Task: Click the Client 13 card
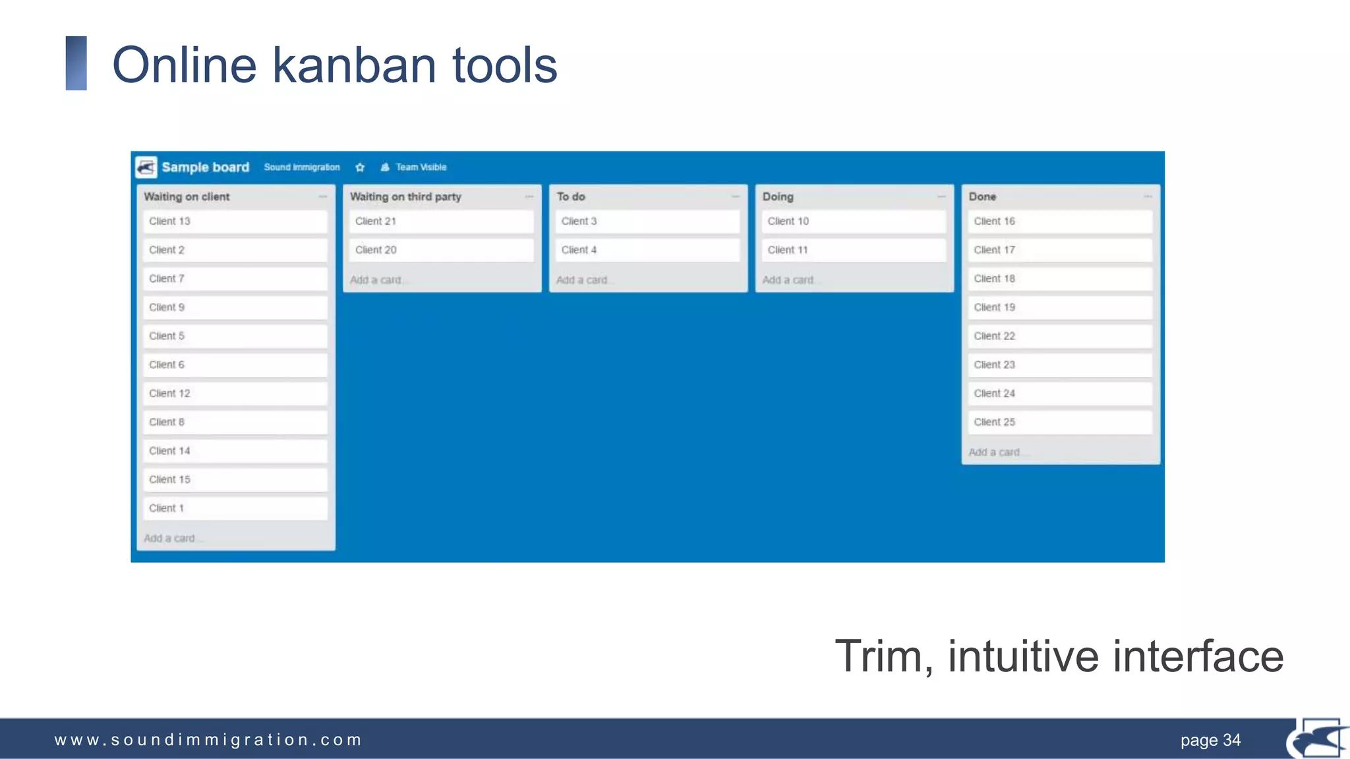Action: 235,221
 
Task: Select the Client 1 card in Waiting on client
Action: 235,508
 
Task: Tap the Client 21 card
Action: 440,221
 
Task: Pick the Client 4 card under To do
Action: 647,250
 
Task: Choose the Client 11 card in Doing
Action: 853,250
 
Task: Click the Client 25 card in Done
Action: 1059,422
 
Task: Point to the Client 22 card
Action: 1059,336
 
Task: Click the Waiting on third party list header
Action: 405,196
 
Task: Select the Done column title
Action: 982,196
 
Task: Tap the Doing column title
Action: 778,196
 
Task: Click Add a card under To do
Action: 582,280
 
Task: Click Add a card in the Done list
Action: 995,452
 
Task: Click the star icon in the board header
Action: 360,167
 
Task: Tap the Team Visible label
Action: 421,167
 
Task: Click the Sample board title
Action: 205,167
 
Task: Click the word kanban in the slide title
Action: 355,65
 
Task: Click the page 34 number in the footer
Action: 1210,740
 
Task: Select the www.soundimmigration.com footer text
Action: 208,740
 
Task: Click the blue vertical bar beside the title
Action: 76,63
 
